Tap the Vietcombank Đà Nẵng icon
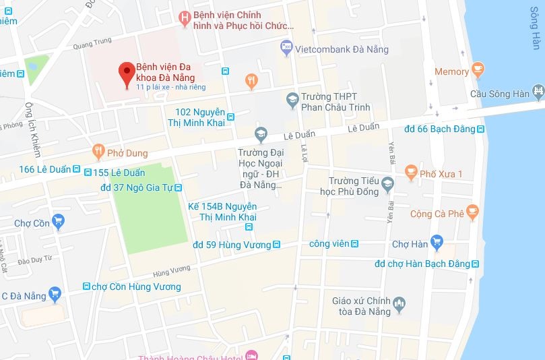286,47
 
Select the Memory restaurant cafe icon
478,69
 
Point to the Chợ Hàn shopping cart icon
437,241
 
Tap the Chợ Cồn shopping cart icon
59,220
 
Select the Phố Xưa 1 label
441,174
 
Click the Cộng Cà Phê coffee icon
474,214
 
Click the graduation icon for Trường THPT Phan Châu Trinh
292,100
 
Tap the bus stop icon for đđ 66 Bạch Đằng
480,129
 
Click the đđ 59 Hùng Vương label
232,245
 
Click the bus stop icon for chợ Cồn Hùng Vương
86,287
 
